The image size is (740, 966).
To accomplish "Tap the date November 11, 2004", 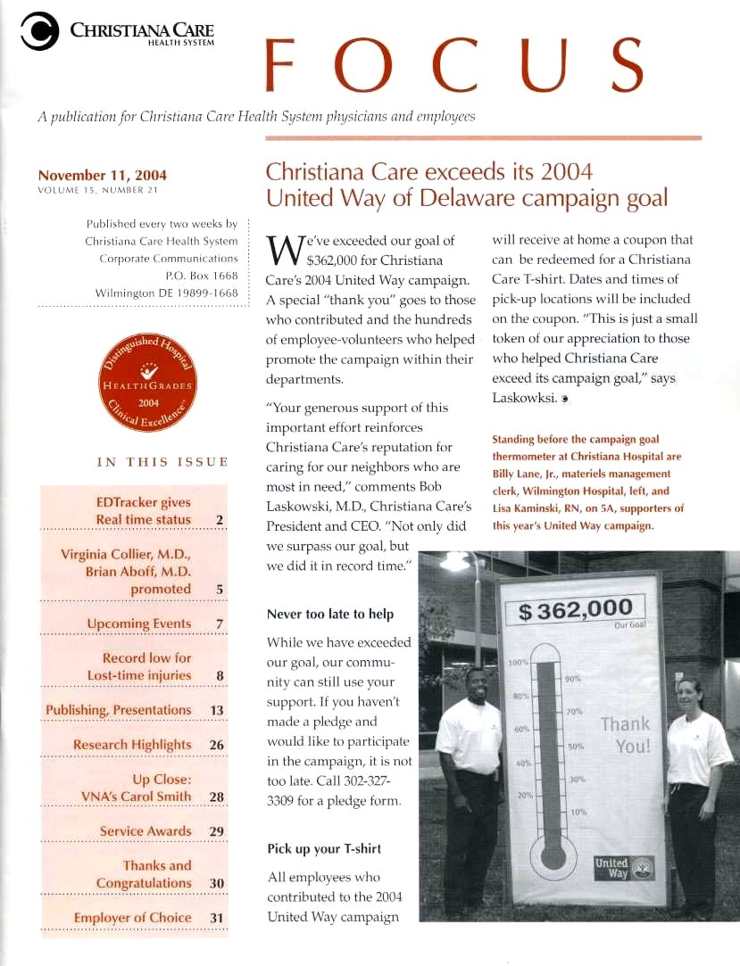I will click(102, 175).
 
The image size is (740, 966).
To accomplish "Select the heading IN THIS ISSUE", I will click(162, 462).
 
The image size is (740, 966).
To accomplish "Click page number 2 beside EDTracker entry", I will click(220, 519).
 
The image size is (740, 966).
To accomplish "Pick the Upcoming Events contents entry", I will click(139, 623).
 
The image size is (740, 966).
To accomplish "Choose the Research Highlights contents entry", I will click(132, 745).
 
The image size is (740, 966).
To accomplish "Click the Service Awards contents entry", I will click(146, 831).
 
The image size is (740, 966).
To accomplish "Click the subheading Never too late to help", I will click(329, 615).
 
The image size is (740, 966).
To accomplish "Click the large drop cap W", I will click(283, 251).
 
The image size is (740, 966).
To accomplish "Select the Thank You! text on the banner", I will click(625, 734).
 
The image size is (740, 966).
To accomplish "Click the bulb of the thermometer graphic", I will click(550, 866).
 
